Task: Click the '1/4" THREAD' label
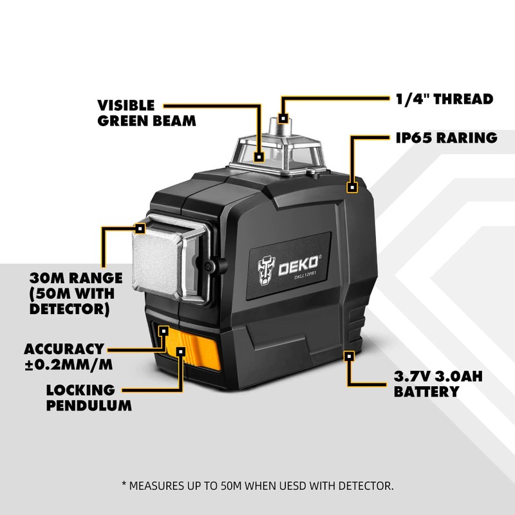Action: [444, 99]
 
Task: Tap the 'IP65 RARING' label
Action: [446, 138]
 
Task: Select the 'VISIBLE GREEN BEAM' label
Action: [147, 113]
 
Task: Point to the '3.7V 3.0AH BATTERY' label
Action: [438, 384]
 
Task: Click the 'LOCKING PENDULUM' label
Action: [89, 398]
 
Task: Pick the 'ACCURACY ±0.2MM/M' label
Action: [68, 357]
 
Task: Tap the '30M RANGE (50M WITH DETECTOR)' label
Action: [76, 294]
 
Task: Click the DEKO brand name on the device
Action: [298, 265]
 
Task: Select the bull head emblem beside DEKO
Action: [267, 270]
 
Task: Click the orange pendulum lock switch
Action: [192, 348]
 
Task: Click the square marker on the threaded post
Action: [283, 118]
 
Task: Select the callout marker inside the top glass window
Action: [259, 157]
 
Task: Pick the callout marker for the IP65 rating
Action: [352, 187]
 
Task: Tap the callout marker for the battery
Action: [349, 356]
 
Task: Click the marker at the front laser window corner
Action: [140, 229]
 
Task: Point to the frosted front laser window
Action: [157, 259]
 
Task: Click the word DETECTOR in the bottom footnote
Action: [366, 485]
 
